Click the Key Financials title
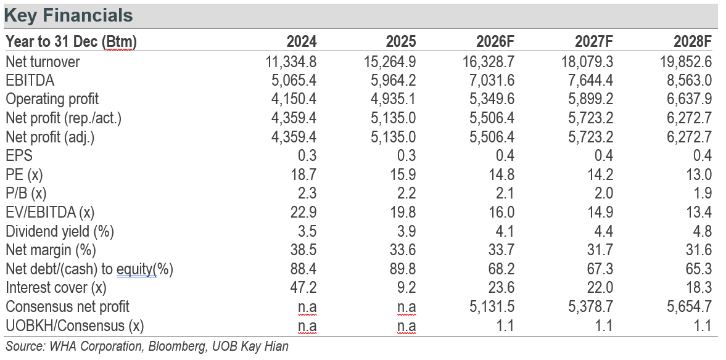point(68,16)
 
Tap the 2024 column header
point(302,42)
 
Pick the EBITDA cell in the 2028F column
point(688,80)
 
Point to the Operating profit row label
point(52,99)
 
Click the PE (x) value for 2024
point(303,174)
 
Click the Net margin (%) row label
point(51,250)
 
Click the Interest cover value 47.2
point(303,287)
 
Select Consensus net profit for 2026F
point(492,306)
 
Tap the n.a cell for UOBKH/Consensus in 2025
point(406,325)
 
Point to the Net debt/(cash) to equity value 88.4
point(303,268)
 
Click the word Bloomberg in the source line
point(177,346)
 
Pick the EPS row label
point(19,155)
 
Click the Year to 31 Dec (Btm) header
point(71,43)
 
